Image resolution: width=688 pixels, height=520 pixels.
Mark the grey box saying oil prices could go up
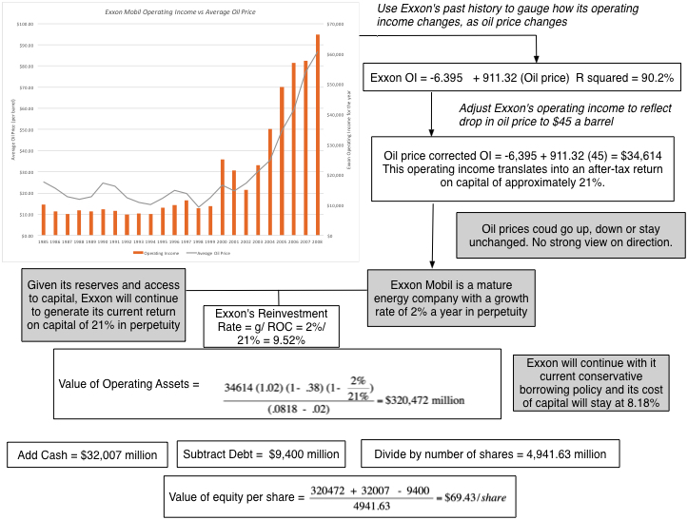[x=568, y=234]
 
